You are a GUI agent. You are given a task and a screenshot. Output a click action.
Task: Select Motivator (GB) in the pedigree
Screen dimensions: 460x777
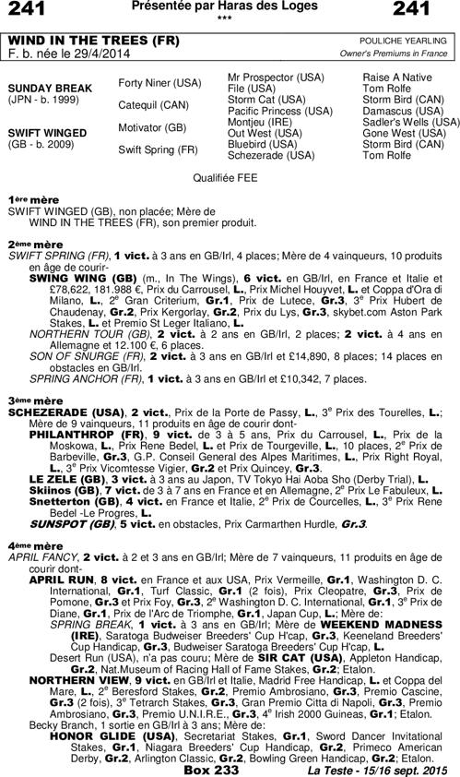tap(153, 127)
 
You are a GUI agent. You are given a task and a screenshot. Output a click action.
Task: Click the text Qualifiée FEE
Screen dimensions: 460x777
tap(229, 174)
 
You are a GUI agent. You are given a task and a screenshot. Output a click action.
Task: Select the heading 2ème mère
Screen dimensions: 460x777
tap(29, 245)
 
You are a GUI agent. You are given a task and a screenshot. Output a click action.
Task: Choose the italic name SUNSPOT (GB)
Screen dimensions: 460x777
tap(68, 522)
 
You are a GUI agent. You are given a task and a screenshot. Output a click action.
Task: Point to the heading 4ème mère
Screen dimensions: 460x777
tap(29, 545)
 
